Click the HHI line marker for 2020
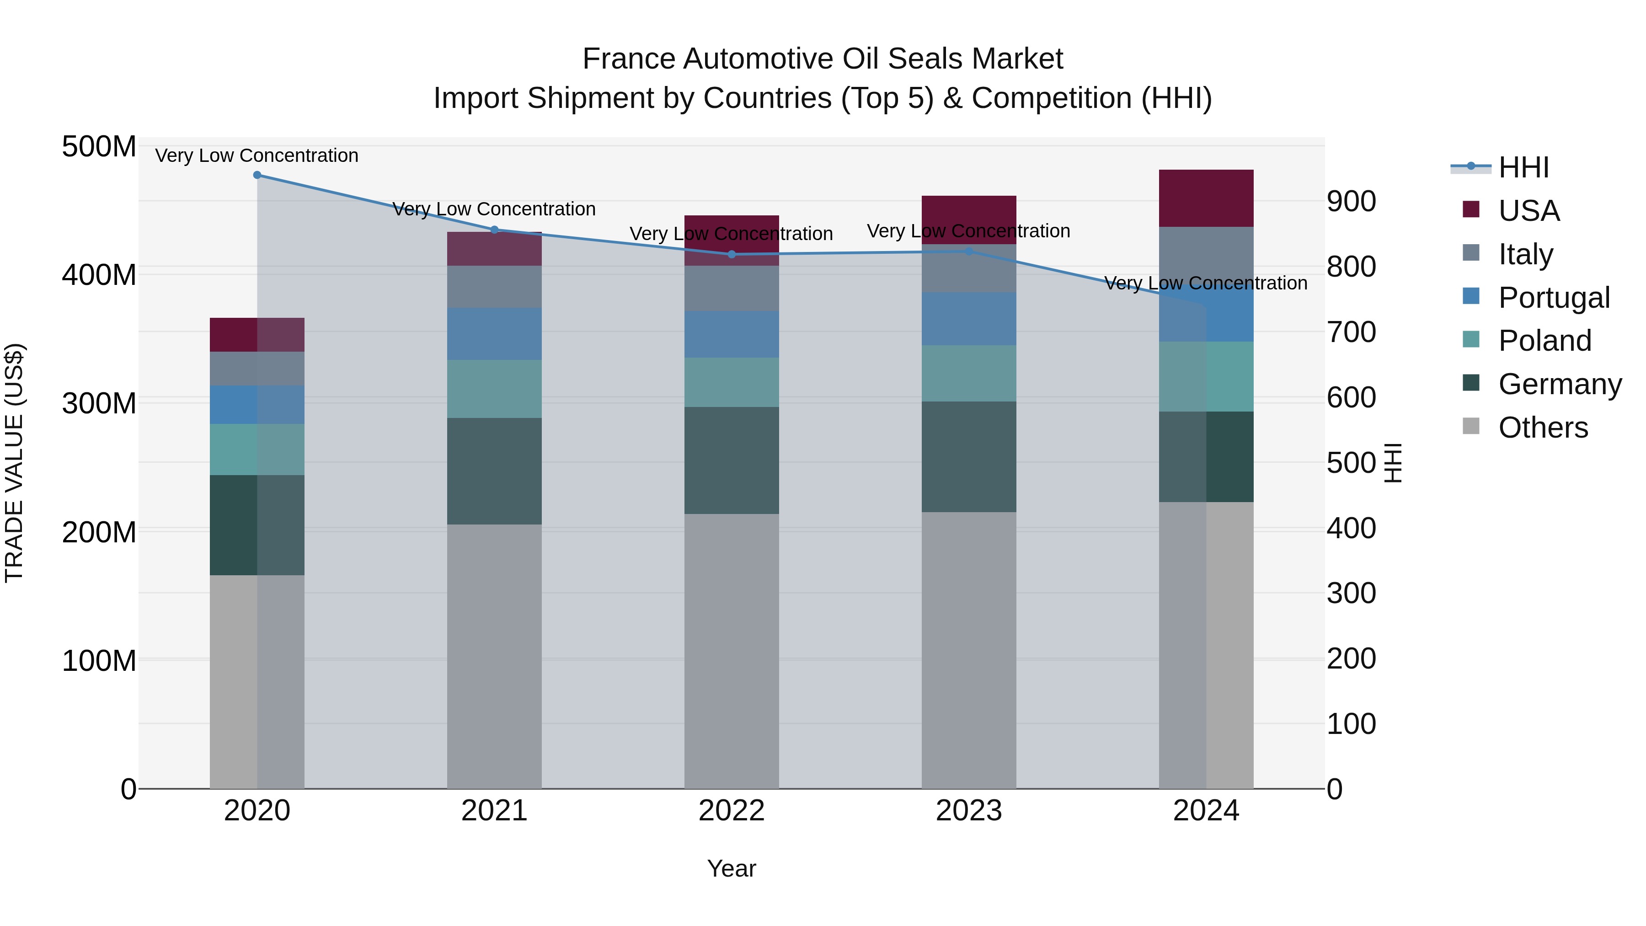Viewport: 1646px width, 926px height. click(x=257, y=175)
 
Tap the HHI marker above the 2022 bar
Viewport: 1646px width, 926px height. click(x=732, y=254)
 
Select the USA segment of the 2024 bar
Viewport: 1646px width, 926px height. click(x=1206, y=198)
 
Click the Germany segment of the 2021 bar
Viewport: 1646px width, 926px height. click(x=494, y=471)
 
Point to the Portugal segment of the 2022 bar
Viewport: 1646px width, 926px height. click(x=732, y=334)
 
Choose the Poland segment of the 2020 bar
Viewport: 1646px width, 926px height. click(x=257, y=449)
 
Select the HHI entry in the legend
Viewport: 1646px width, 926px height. click(x=1523, y=167)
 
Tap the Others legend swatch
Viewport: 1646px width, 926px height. click(x=1470, y=426)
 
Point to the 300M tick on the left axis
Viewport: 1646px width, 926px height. click(x=99, y=403)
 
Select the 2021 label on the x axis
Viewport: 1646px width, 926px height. click(x=494, y=811)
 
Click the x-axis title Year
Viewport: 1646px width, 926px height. click(x=731, y=868)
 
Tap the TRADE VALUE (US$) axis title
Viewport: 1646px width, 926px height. click(x=14, y=463)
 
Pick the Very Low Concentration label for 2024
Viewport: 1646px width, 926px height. click(x=1205, y=283)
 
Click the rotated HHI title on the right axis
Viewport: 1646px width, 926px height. click(x=1393, y=463)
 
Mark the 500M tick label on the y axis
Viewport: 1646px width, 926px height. click(x=99, y=146)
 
